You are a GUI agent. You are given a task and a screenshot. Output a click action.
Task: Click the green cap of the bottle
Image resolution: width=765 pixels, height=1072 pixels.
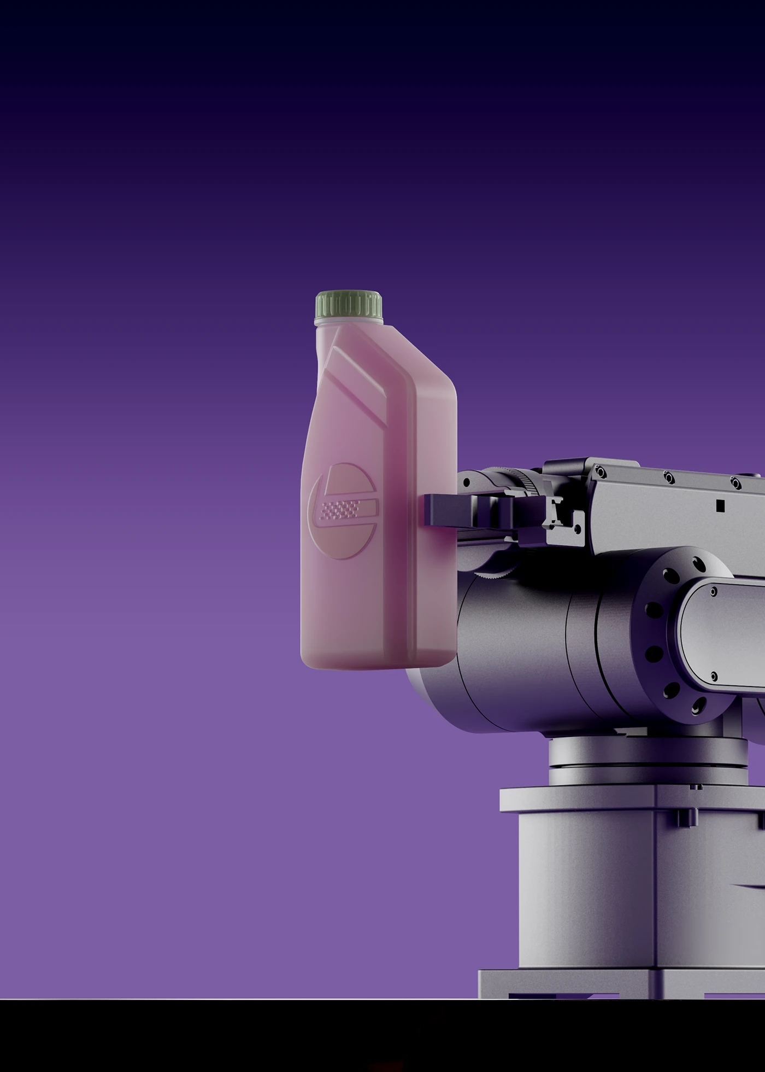349,305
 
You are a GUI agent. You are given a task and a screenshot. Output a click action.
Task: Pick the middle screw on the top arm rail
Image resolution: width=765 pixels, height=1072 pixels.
668,477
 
